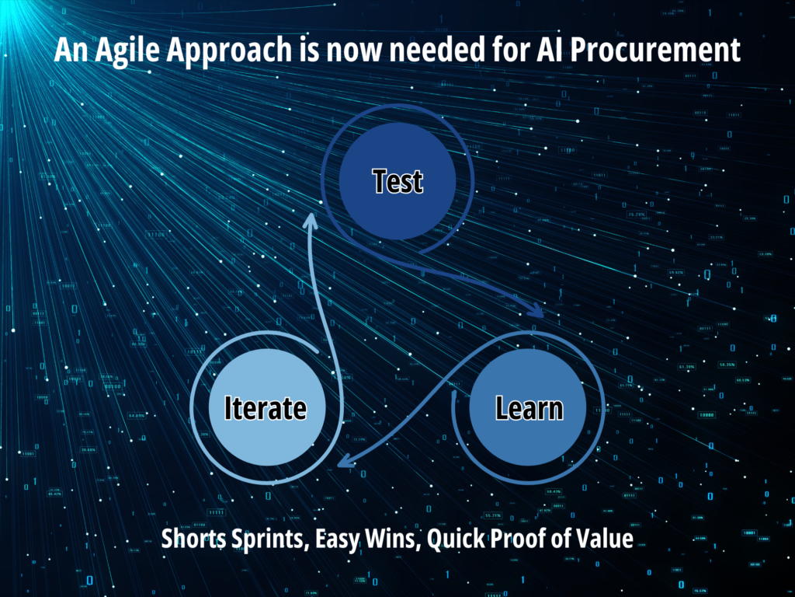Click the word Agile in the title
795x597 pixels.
(x=120, y=51)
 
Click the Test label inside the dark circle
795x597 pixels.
(x=397, y=181)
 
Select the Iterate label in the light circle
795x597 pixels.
(x=265, y=408)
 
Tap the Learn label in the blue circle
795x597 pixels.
(x=529, y=408)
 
